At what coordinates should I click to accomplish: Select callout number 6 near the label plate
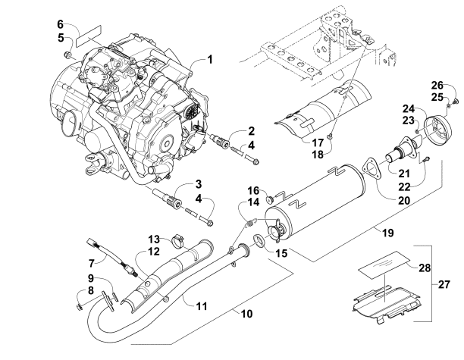pos(61,25)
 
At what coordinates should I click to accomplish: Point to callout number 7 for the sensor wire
pos(93,261)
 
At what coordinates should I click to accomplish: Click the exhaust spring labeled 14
pos(248,222)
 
